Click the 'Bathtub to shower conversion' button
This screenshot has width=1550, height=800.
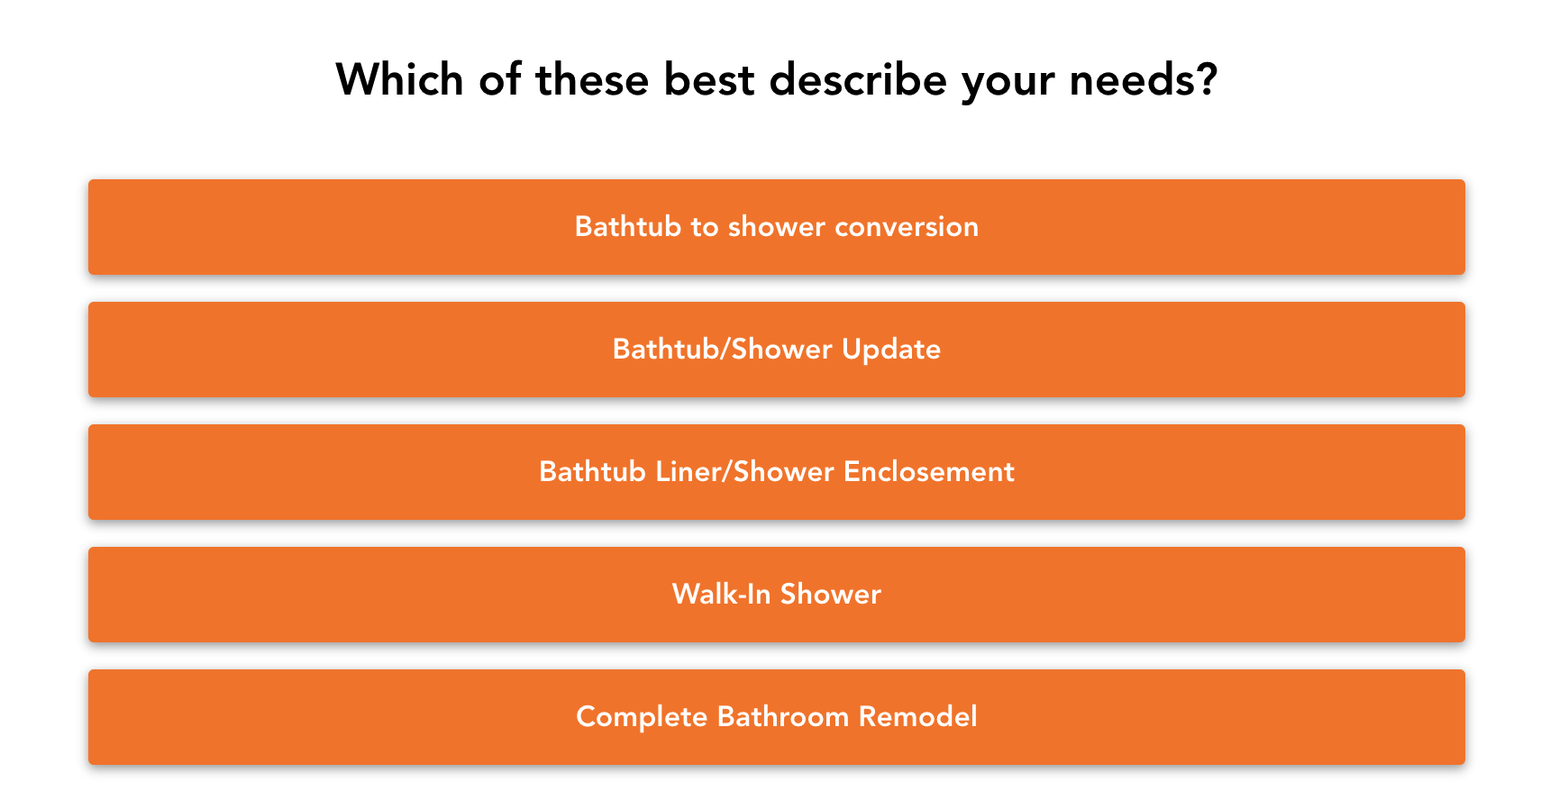pyautogui.click(x=776, y=227)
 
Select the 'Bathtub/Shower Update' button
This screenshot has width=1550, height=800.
pyautogui.click(x=776, y=350)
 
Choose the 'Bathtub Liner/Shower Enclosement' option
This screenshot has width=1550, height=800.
pyautogui.click(x=776, y=472)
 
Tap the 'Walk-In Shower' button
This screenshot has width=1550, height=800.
pyautogui.click(x=776, y=595)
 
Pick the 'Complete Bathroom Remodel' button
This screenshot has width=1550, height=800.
pyautogui.click(x=776, y=717)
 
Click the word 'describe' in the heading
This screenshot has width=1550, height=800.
pyautogui.click(x=858, y=79)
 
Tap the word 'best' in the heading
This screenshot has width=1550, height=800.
pyautogui.click(x=709, y=79)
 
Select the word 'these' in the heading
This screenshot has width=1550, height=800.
pyautogui.click(x=592, y=79)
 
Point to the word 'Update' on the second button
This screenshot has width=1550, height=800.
pyautogui.click(x=891, y=350)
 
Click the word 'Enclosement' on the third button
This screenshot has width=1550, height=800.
pyautogui.click(x=929, y=472)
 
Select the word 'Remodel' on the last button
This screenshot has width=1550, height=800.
pyautogui.click(x=917, y=717)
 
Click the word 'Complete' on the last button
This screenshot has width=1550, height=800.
pyautogui.click(x=642, y=717)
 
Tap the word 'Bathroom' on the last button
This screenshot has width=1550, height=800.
pyautogui.click(x=783, y=717)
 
